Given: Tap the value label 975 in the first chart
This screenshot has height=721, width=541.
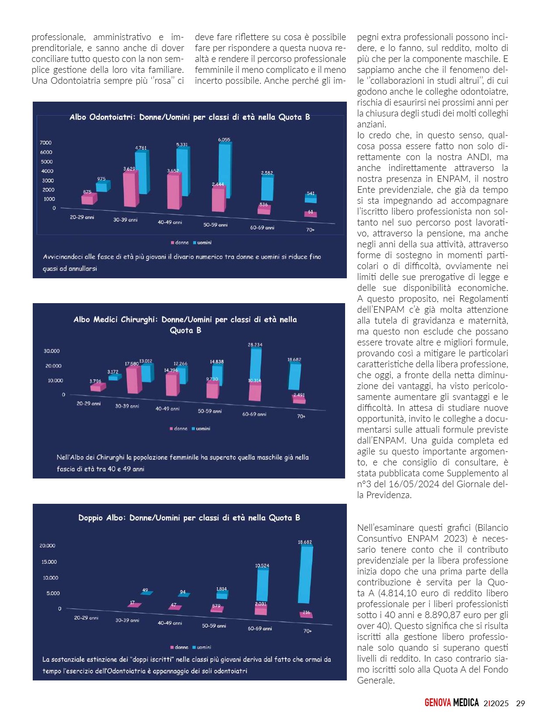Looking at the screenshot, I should tap(101, 179).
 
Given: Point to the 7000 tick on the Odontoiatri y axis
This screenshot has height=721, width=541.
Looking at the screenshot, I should tap(46, 143).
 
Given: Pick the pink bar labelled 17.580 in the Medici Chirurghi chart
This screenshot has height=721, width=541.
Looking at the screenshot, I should tap(133, 380).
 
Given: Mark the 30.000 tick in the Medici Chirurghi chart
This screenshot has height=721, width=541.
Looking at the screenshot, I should tap(51, 351).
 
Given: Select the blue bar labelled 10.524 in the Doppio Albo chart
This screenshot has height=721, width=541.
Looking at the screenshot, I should tap(262, 585).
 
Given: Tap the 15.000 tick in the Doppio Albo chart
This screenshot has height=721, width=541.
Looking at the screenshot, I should tap(49, 562).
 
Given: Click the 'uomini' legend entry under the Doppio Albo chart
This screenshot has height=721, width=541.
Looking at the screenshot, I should tap(204, 647).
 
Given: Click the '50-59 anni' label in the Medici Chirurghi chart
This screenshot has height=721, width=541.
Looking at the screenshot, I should tap(210, 411).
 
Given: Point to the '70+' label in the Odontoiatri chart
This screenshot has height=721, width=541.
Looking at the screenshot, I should tap(310, 230).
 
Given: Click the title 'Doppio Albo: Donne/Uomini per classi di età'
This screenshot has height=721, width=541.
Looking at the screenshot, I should tap(189, 518).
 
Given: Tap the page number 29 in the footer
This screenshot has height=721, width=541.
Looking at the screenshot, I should tap(520, 703).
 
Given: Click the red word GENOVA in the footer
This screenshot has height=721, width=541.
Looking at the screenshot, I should tap(438, 703).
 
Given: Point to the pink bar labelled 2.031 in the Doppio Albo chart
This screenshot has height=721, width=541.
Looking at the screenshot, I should tap(260, 610).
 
